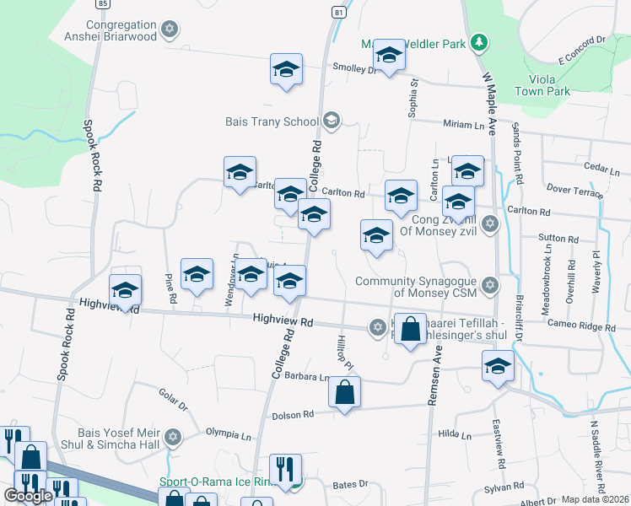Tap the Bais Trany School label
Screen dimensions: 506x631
272,121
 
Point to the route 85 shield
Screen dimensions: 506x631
102,3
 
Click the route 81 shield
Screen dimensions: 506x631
338,13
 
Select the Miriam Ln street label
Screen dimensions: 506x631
464,124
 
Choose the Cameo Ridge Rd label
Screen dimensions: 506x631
580,325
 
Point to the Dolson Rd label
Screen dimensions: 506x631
293,414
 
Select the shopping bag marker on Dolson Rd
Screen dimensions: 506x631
344,393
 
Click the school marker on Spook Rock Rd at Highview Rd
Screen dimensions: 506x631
126,292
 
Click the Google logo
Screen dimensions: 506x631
28,496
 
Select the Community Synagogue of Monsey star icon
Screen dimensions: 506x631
489,287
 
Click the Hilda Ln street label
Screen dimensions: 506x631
455,435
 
